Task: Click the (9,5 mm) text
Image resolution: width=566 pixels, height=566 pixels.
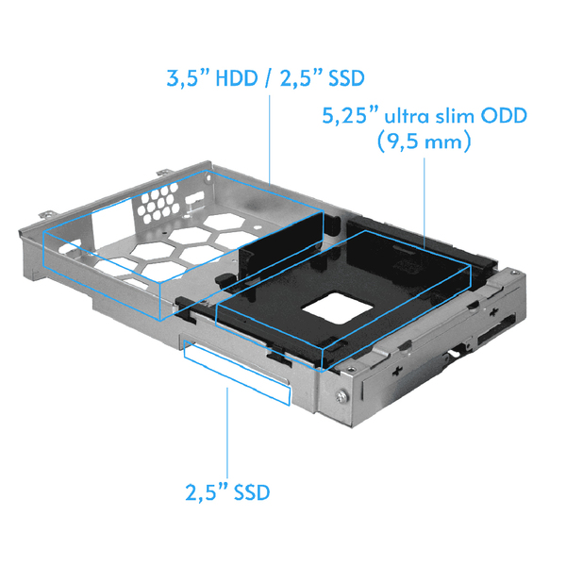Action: (423, 143)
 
